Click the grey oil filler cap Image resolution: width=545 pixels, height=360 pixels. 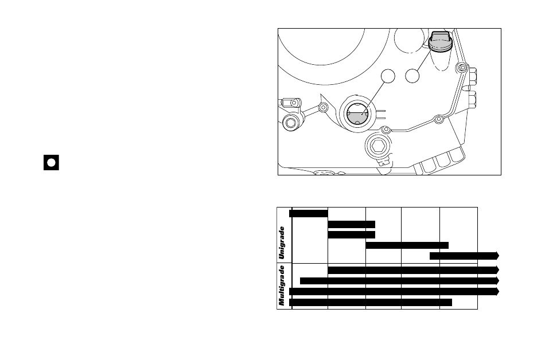[x=440, y=42]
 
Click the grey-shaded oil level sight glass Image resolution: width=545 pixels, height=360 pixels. [x=357, y=114]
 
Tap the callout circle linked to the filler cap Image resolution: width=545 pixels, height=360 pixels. [x=412, y=76]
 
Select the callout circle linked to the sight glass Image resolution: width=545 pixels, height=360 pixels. [x=388, y=76]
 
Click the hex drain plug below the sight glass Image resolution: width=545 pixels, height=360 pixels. [x=378, y=146]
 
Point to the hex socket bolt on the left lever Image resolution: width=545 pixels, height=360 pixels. [x=291, y=123]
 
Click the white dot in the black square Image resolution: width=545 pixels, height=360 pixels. [x=51, y=162]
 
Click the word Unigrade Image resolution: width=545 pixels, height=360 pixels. [x=282, y=243]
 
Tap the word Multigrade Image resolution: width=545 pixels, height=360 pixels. [x=282, y=285]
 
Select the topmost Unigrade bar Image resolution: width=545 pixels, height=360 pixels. [x=308, y=213]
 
